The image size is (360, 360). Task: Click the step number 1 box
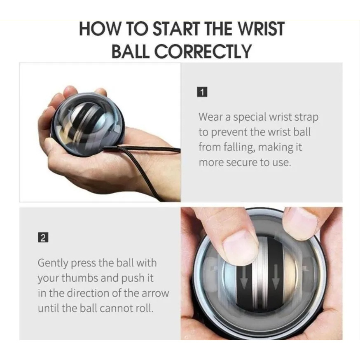pyautogui.click(x=202, y=92)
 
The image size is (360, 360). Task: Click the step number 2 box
pyautogui.click(x=43, y=238)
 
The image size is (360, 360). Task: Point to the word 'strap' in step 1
pyautogui.click(x=306, y=117)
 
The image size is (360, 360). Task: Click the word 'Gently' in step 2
pyautogui.click(x=53, y=263)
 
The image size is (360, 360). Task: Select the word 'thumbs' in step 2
pyautogui.click(x=80, y=278)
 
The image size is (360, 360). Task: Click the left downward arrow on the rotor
pyautogui.click(x=244, y=277)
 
